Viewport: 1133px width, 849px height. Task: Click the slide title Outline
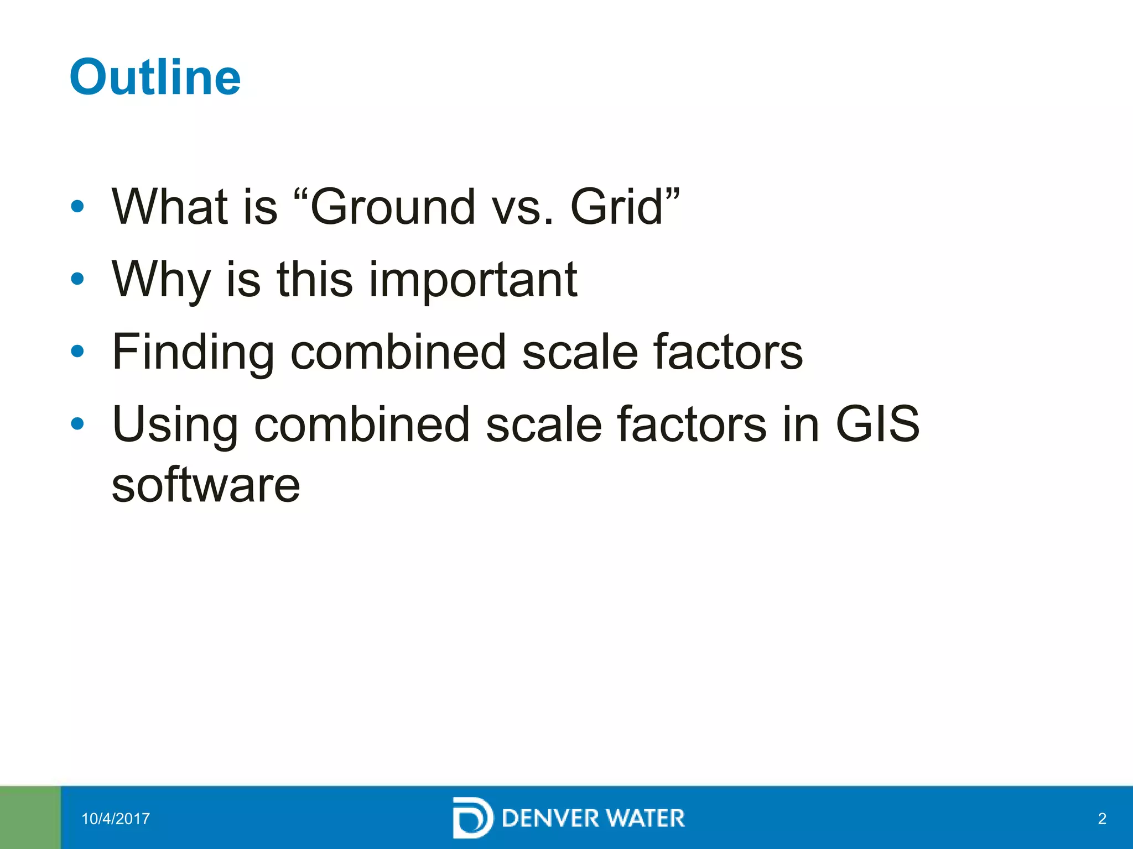[155, 77]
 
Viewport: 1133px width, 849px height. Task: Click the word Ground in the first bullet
[393, 207]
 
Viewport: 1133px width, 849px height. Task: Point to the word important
[473, 280]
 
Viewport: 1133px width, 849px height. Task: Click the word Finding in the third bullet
[193, 352]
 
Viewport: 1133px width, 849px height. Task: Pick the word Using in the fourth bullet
[175, 424]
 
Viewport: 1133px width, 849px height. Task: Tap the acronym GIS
[877, 424]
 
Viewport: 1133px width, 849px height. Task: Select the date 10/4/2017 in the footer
[116, 819]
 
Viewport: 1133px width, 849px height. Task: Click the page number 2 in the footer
[1102, 819]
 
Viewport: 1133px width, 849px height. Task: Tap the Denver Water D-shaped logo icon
[472, 817]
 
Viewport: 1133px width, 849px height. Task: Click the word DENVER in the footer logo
[550, 818]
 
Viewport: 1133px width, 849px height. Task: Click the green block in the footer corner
[30, 817]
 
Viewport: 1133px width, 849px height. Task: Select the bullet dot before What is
[77, 207]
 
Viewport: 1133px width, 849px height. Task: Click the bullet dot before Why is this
[77, 279]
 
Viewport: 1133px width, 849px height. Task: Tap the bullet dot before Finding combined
[77, 351]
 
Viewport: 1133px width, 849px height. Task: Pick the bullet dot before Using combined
[77, 423]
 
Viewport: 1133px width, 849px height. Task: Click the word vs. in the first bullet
[523, 207]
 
